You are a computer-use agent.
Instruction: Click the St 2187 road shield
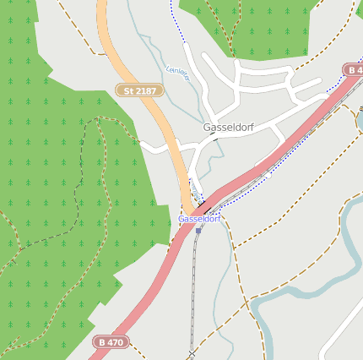click(138, 89)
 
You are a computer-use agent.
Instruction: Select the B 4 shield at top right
click(354, 69)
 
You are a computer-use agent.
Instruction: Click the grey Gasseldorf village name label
click(229, 128)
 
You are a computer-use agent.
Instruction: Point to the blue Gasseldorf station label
click(199, 219)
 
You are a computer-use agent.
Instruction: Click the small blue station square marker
click(198, 229)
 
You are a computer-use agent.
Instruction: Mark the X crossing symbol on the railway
click(192, 352)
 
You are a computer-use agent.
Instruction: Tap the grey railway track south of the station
click(194, 287)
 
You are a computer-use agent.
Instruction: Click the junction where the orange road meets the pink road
click(189, 211)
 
